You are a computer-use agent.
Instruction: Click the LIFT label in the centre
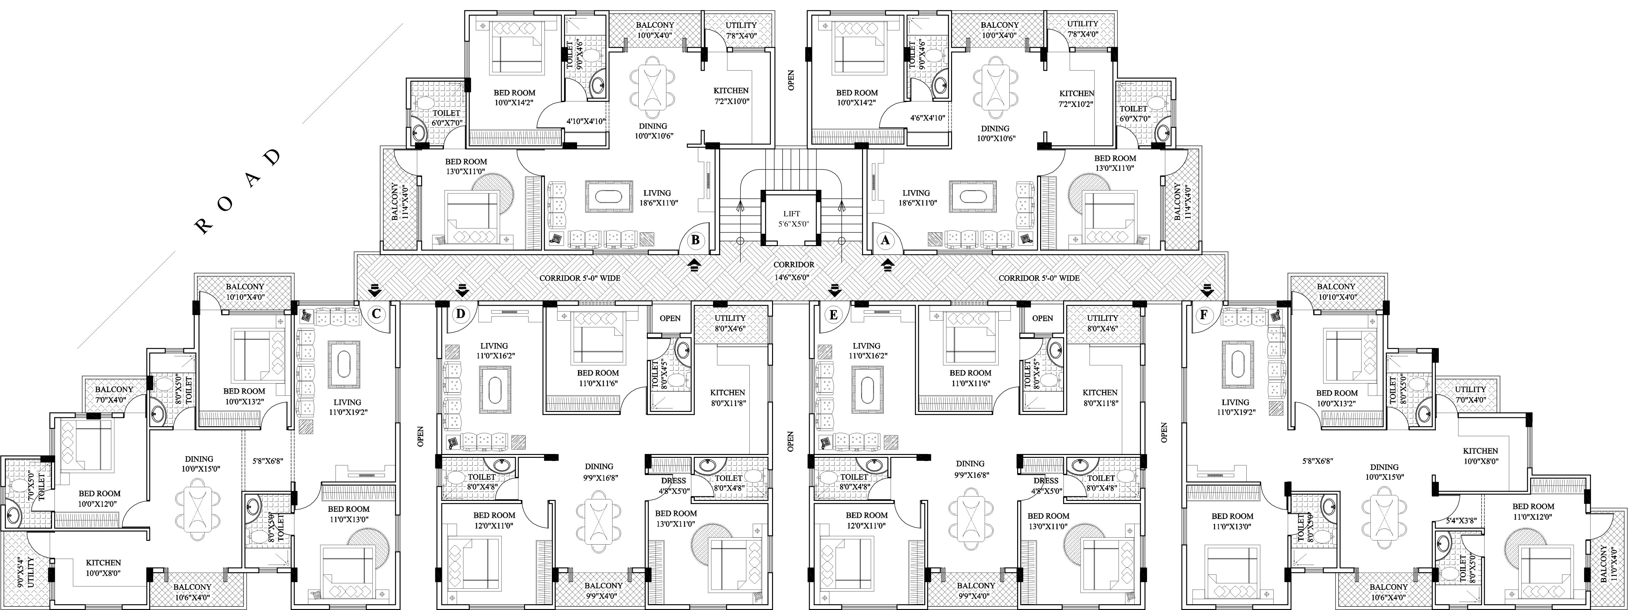791,214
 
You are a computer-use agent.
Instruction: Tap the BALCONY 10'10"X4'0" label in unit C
245,291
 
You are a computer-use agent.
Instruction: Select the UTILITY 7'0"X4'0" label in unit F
1470,394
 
